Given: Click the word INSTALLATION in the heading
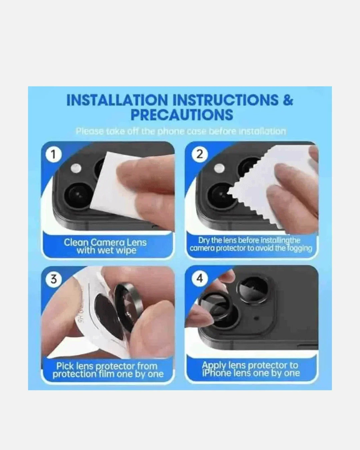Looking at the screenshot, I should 117,100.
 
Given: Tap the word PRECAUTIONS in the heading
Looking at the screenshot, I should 182,115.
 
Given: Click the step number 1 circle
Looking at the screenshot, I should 54,155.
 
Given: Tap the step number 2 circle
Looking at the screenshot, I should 199,155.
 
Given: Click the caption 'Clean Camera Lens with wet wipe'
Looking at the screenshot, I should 105,246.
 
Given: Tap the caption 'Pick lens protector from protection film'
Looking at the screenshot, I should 108,370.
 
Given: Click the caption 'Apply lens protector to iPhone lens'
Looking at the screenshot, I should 251,369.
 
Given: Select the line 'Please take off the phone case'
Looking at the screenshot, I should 181,131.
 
